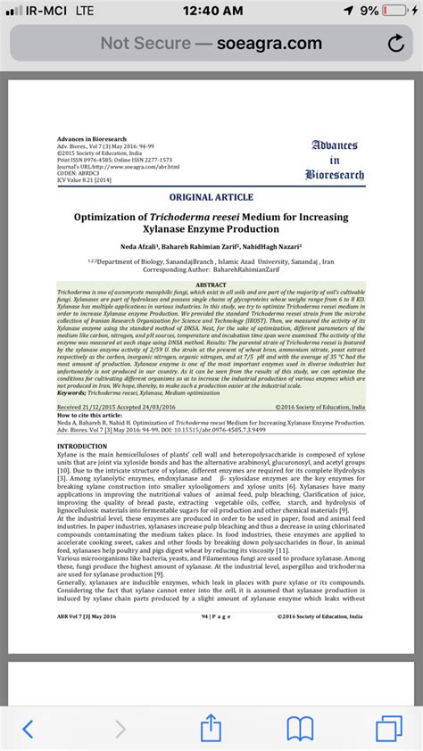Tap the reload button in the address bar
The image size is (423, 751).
(394, 43)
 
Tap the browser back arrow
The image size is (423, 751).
(29, 729)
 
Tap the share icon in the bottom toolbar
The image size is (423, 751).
(211, 728)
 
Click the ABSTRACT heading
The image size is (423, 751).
(211, 285)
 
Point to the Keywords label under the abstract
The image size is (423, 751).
(73, 392)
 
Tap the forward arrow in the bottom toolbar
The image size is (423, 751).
(120, 729)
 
